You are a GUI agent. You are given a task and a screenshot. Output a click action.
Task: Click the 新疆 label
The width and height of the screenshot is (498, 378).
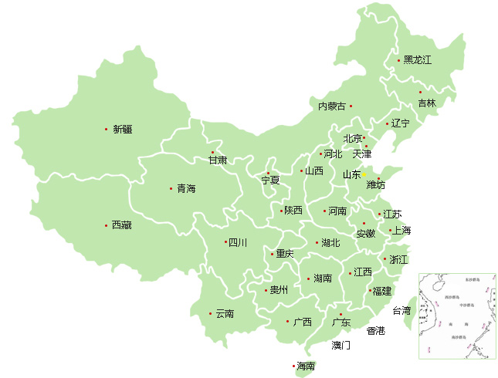(122, 130)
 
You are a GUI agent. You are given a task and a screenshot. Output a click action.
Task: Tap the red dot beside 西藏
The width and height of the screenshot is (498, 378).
(106, 225)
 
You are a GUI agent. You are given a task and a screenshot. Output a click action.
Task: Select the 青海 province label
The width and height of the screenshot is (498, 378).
(186, 188)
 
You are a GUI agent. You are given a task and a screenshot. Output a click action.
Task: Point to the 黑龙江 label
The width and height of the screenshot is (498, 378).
(417, 60)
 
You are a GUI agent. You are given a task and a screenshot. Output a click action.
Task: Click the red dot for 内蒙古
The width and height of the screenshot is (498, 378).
(351, 106)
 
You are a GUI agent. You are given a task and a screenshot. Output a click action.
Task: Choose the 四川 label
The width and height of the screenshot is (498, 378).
(238, 243)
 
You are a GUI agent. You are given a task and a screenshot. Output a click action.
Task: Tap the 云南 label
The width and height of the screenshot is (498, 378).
(225, 314)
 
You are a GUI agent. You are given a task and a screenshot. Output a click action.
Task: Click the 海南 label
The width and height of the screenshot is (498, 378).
(306, 366)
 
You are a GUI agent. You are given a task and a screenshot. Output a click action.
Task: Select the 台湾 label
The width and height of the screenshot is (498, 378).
(401, 311)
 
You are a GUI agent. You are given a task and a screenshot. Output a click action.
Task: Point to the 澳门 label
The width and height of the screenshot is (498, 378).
(340, 345)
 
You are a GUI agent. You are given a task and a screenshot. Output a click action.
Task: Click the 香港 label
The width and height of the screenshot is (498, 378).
(375, 331)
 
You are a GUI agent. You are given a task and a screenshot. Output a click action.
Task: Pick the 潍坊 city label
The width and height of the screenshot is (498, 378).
(375, 185)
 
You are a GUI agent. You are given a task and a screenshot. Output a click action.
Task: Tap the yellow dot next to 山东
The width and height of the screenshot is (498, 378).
(364, 175)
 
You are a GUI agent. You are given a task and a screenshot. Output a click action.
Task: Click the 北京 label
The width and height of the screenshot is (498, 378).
(352, 139)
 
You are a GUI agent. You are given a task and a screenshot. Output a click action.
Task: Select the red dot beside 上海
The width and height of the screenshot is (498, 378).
(391, 230)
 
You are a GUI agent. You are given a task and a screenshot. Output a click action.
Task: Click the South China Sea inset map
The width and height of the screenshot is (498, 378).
(456, 316)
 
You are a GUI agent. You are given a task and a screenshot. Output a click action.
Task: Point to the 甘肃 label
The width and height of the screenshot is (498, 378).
(219, 160)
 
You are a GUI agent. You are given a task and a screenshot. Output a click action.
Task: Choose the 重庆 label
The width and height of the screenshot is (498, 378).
(284, 254)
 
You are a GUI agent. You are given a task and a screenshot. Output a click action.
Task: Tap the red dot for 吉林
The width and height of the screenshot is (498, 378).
(420, 92)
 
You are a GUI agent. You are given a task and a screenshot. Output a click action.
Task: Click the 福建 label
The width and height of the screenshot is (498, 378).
(382, 292)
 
